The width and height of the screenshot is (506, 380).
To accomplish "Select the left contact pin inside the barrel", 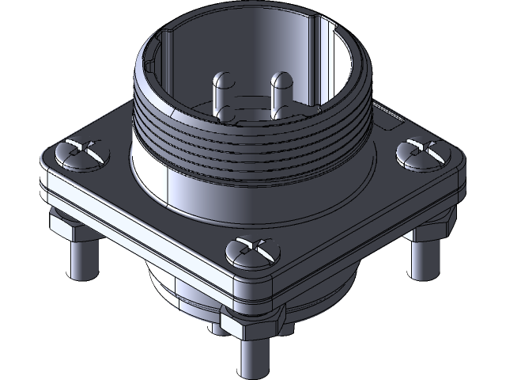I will [x=221, y=99].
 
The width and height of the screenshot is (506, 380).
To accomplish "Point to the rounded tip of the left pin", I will [x=221, y=79].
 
